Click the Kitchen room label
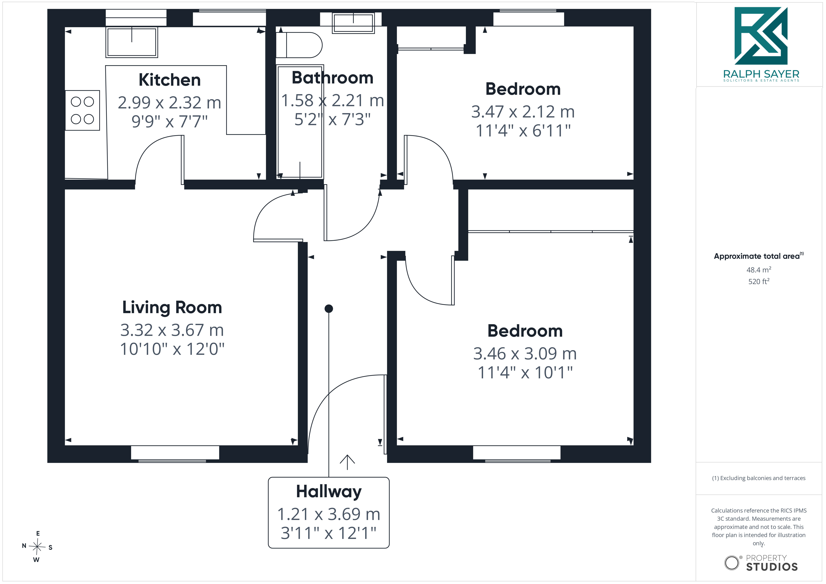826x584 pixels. [x=169, y=80]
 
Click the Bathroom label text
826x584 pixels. [x=332, y=78]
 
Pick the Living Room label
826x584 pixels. [x=172, y=308]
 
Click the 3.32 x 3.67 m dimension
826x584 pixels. [x=172, y=330]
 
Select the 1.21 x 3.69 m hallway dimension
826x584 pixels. [x=329, y=514]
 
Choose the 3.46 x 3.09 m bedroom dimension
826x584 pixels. [x=525, y=354]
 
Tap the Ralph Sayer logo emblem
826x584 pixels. [x=761, y=36]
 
